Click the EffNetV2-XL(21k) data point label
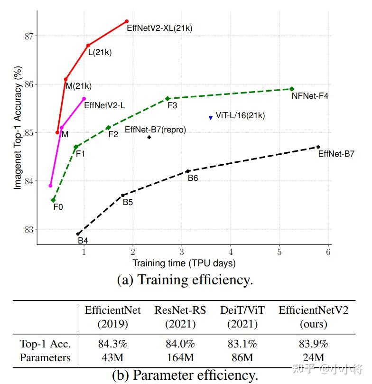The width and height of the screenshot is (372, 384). coord(159,28)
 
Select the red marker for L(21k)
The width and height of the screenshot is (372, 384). coord(88,46)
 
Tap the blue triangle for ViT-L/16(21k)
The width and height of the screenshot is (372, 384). coord(211,118)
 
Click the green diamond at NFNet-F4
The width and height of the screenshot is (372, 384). coord(292,89)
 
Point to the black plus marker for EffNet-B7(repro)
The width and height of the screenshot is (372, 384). coord(149,137)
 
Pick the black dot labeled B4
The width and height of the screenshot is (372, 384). coord(78,234)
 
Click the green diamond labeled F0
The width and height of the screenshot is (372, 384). coord(53,200)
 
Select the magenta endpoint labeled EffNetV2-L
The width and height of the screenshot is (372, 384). coord(84,98)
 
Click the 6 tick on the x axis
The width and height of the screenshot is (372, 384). coord(328,252)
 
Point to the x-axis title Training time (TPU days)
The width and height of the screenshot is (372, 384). coord(184,263)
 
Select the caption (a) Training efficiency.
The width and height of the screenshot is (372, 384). coord(185,280)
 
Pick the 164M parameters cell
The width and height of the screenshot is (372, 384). coord(180,357)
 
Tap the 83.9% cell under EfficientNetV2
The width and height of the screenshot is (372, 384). coord(314,344)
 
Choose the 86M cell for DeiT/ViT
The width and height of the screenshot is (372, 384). coord(242,357)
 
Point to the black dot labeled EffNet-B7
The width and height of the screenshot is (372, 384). coord(318,147)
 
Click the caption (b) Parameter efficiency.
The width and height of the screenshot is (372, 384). coord(185,375)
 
